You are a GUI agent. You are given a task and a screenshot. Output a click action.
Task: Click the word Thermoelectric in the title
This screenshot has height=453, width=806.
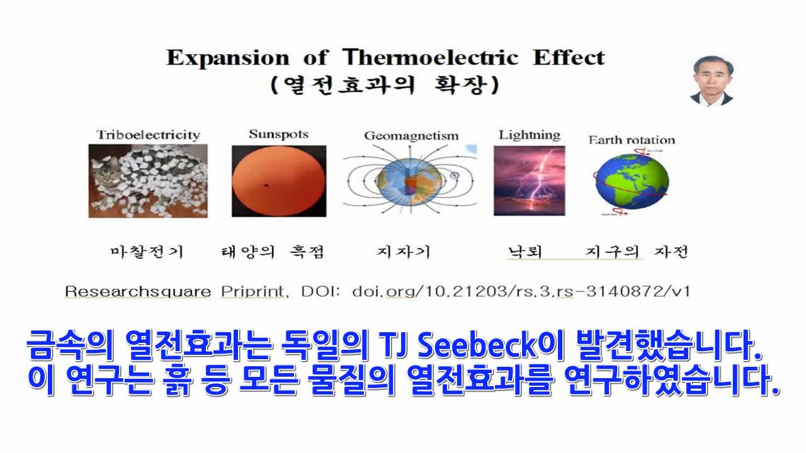[430, 57]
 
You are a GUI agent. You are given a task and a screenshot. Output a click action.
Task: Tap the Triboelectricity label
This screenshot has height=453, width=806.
[148, 135]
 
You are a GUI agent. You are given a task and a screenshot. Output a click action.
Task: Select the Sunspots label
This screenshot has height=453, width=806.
[279, 134]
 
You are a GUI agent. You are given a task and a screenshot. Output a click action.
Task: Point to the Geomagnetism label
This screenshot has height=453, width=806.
[411, 136]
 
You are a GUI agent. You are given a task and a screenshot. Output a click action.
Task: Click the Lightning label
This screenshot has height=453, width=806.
[530, 135]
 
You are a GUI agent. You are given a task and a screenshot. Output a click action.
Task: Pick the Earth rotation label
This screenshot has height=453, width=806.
[632, 140]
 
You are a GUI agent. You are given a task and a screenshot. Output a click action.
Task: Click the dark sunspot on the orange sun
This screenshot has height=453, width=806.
[266, 186]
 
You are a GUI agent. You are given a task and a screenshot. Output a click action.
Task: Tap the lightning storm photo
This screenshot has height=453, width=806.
[530, 181]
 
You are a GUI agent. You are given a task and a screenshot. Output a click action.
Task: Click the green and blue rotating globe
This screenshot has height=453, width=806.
[632, 182]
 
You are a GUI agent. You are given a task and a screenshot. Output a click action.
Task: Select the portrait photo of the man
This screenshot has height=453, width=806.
[712, 81]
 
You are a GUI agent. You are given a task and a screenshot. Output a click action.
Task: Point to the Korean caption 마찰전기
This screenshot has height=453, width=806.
[147, 252]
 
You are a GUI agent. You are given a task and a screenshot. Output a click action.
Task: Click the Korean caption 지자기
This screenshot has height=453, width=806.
[404, 252]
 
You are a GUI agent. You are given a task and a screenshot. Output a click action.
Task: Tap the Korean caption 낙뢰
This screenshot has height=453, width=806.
[525, 252]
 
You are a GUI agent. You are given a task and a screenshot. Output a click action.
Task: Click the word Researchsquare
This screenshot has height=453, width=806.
[138, 291]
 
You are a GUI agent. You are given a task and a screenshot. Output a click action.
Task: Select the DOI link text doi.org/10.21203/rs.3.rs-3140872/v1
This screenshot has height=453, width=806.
[521, 291]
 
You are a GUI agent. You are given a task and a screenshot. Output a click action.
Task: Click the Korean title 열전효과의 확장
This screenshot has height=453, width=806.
[385, 85]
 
